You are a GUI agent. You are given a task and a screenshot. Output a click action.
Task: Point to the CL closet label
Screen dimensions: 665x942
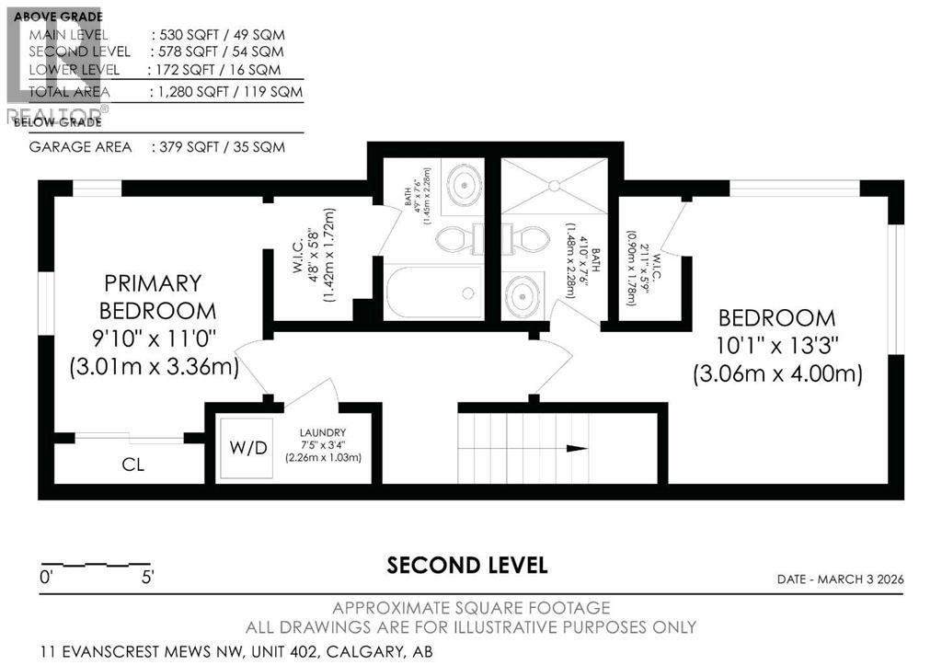[133, 464]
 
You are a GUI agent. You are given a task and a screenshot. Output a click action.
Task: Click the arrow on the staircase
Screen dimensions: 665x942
[577, 449]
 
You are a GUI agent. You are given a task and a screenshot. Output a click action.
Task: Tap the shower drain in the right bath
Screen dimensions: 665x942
[555, 185]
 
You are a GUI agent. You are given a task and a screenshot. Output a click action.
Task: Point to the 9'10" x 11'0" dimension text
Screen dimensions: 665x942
[154, 339]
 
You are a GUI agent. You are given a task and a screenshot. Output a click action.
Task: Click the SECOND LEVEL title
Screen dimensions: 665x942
[467, 565]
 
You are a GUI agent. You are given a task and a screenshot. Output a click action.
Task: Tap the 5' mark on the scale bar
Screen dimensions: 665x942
[147, 579]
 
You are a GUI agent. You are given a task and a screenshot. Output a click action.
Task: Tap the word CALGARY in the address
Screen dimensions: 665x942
[340, 651]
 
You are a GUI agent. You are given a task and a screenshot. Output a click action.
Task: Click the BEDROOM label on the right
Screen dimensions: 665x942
[776, 318]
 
